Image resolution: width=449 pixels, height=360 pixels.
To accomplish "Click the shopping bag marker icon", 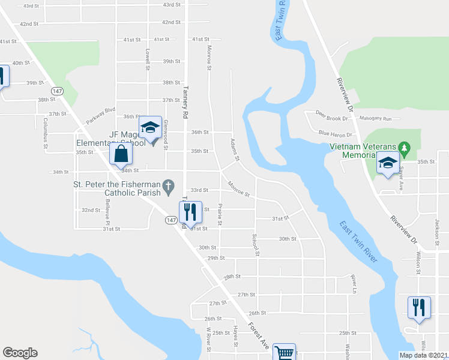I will pyautogui.click(x=121, y=154).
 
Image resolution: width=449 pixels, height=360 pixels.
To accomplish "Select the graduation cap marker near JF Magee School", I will pyautogui.click(x=151, y=127).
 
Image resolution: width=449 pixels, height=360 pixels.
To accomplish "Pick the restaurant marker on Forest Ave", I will pyautogui.click(x=190, y=211).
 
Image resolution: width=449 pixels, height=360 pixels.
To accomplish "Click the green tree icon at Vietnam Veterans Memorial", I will pyautogui.click(x=403, y=147).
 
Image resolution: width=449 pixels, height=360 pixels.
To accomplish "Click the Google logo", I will pyautogui.click(x=20, y=353).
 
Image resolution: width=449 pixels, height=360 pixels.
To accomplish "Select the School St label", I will pyautogui.click(x=256, y=245).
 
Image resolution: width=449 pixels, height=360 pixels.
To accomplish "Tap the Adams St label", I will pyautogui.click(x=235, y=150).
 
